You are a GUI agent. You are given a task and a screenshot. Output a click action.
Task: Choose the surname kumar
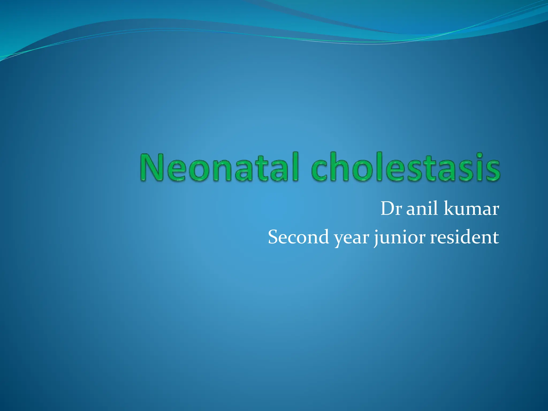[471, 209]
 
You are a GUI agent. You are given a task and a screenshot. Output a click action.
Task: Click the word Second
[298, 237]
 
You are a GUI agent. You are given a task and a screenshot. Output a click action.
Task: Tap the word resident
[464, 237]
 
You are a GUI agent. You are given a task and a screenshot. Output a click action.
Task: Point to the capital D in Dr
[387, 209]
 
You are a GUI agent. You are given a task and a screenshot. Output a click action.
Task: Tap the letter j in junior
[377, 238]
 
